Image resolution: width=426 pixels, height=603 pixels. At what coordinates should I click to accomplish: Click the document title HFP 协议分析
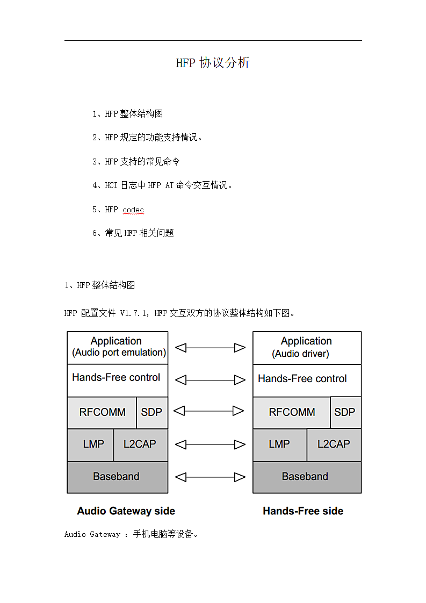(x=213, y=62)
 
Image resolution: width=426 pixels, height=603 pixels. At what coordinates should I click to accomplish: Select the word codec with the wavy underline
(x=133, y=210)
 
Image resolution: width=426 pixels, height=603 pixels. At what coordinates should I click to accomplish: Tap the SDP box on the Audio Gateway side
(x=152, y=413)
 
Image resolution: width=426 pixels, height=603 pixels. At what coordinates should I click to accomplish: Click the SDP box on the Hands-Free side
(x=345, y=412)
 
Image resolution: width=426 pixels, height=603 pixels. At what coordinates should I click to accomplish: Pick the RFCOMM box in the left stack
(x=102, y=413)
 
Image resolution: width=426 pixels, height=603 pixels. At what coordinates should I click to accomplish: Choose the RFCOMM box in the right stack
(x=292, y=412)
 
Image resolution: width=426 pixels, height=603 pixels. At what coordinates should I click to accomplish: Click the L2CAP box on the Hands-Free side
(x=334, y=444)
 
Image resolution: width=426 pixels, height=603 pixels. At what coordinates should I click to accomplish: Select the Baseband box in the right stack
(x=307, y=477)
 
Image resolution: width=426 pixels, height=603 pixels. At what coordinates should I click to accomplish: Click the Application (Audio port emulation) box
(x=118, y=348)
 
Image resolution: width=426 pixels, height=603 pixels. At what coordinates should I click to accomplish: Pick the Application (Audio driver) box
(x=307, y=348)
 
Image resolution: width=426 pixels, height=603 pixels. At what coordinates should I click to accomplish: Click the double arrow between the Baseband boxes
(x=210, y=477)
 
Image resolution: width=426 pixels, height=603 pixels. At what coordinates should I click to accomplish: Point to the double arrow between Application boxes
(x=210, y=348)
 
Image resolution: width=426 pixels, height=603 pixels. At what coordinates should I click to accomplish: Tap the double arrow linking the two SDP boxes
(x=209, y=411)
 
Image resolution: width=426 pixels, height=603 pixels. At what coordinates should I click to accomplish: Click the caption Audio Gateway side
(x=126, y=511)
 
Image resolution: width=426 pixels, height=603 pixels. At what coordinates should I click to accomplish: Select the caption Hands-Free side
(x=303, y=511)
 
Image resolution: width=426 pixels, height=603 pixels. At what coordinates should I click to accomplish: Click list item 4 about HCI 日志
(x=162, y=185)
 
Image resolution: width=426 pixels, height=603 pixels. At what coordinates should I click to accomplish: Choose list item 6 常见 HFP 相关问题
(x=133, y=233)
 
